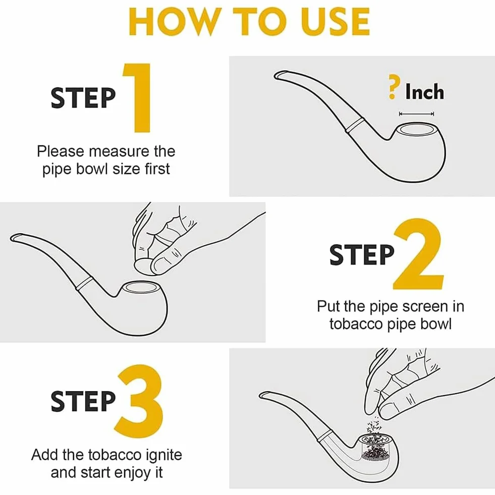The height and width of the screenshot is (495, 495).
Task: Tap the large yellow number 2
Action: click(x=418, y=254)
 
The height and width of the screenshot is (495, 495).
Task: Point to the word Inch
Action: click(x=424, y=92)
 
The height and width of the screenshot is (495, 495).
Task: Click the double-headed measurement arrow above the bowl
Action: click(x=416, y=114)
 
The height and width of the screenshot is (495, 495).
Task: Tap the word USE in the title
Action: click(x=335, y=22)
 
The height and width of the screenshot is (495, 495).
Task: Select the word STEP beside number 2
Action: click(x=362, y=254)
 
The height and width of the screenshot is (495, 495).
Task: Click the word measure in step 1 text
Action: click(x=119, y=151)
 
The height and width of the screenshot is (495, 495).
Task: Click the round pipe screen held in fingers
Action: click(x=144, y=266)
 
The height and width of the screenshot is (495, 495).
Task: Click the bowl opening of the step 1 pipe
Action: click(x=416, y=130)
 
